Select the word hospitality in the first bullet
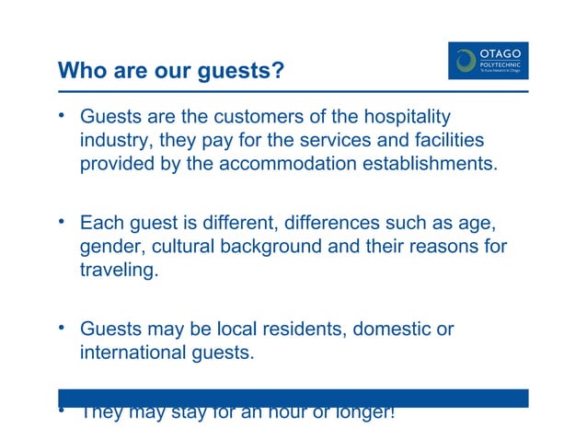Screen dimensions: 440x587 coord(408,118)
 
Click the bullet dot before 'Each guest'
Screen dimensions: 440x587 coord(63,221)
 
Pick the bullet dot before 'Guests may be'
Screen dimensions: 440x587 coord(63,327)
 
